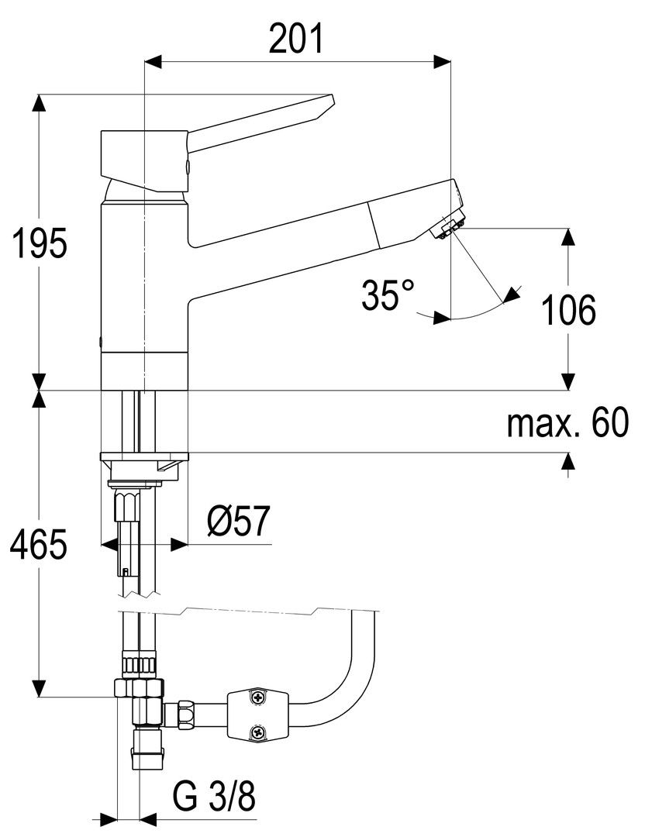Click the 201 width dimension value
[296, 39]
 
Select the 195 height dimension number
[40, 243]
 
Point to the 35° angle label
[388, 294]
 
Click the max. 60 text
[567, 423]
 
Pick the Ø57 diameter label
[239, 521]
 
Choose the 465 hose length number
[40, 545]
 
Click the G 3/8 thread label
[214, 797]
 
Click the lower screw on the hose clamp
[258, 732]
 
